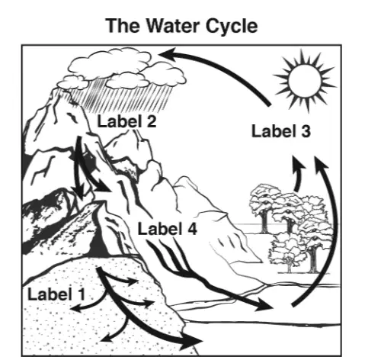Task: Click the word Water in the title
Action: click(x=174, y=26)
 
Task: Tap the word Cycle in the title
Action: click(x=232, y=26)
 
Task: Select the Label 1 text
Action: click(x=56, y=294)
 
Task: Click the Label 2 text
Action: click(x=126, y=121)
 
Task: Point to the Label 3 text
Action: click(x=280, y=131)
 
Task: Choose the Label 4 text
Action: click(x=167, y=229)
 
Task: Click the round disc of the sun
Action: click(x=304, y=81)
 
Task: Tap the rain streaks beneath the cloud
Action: click(x=120, y=98)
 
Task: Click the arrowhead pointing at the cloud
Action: click(x=168, y=53)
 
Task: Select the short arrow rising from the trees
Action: click(x=298, y=173)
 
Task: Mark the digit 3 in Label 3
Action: click(x=306, y=131)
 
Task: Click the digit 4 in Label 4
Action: click(x=191, y=229)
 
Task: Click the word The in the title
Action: click(x=123, y=26)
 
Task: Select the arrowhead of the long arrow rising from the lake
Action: click(x=321, y=162)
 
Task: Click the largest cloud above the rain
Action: click(x=109, y=63)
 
